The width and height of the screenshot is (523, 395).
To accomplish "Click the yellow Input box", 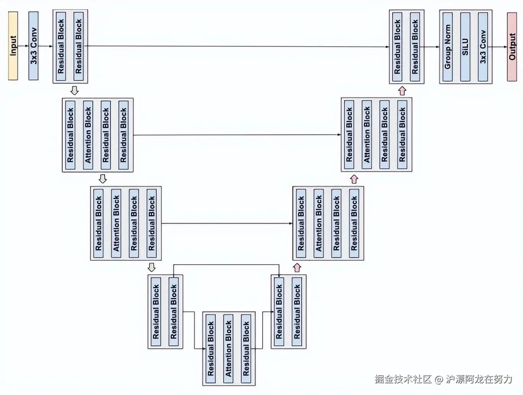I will [x=13, y=46].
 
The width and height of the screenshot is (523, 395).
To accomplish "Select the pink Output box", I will [x=512, y=47].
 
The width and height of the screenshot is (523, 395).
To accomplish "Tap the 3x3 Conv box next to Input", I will [x=34, y=46].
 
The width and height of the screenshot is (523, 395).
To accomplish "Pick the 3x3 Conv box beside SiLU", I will [x=483, y=47].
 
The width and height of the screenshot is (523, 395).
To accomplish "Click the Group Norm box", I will [x=448, y=47].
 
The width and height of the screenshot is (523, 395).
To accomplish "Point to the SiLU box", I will [x=465, y=47].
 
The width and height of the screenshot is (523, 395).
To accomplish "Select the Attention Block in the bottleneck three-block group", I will [x=228, y=348].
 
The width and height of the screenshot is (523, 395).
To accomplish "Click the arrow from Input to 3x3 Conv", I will [x=23, y=46].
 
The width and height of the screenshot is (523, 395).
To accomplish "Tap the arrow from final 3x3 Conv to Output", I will [x=500, y=47].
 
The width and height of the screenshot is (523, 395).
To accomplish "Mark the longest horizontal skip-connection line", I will [x=237, y=47].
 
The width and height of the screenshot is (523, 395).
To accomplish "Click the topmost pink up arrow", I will [x=402, y=91].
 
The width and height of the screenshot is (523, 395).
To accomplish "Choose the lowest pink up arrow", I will [x=297, y=267].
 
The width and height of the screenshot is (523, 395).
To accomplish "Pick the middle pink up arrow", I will [x=354, y=179].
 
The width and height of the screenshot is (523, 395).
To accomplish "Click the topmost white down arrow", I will [x=75, y=91].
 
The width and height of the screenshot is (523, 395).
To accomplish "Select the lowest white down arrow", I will [x=152, y=267].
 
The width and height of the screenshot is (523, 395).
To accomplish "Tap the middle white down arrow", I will [x=102, y=179].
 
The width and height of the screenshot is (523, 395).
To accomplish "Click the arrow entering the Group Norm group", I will [x=432, y=47].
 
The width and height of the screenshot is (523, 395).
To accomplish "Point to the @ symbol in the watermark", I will [x=439, y=379].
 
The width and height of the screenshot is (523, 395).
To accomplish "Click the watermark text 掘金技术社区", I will [x=403, y=379].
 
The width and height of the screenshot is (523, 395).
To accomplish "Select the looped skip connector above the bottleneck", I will [x=226, y=264].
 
